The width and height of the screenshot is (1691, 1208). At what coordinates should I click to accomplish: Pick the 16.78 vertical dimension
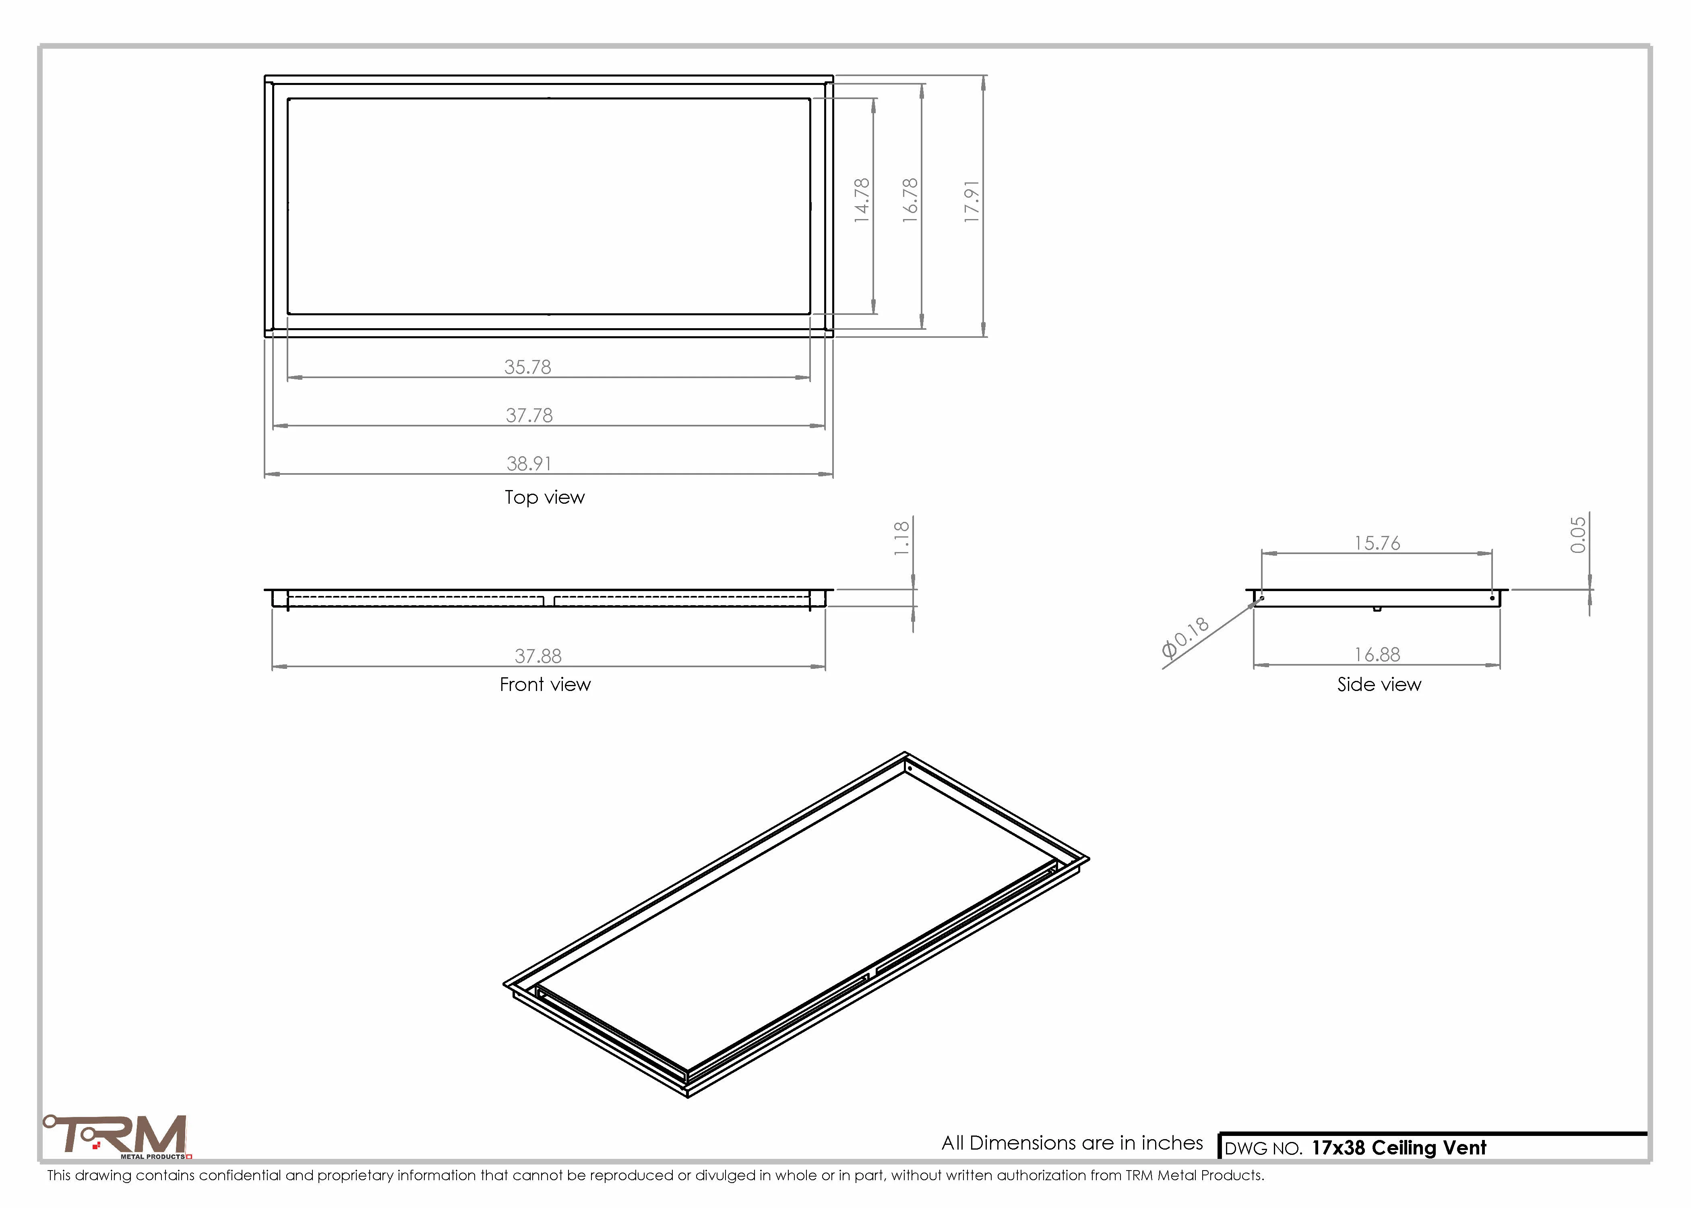coord(910,200)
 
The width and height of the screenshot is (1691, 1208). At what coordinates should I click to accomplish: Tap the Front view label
coord(545,685)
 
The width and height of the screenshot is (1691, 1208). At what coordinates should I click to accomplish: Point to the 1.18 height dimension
coord(901,538)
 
